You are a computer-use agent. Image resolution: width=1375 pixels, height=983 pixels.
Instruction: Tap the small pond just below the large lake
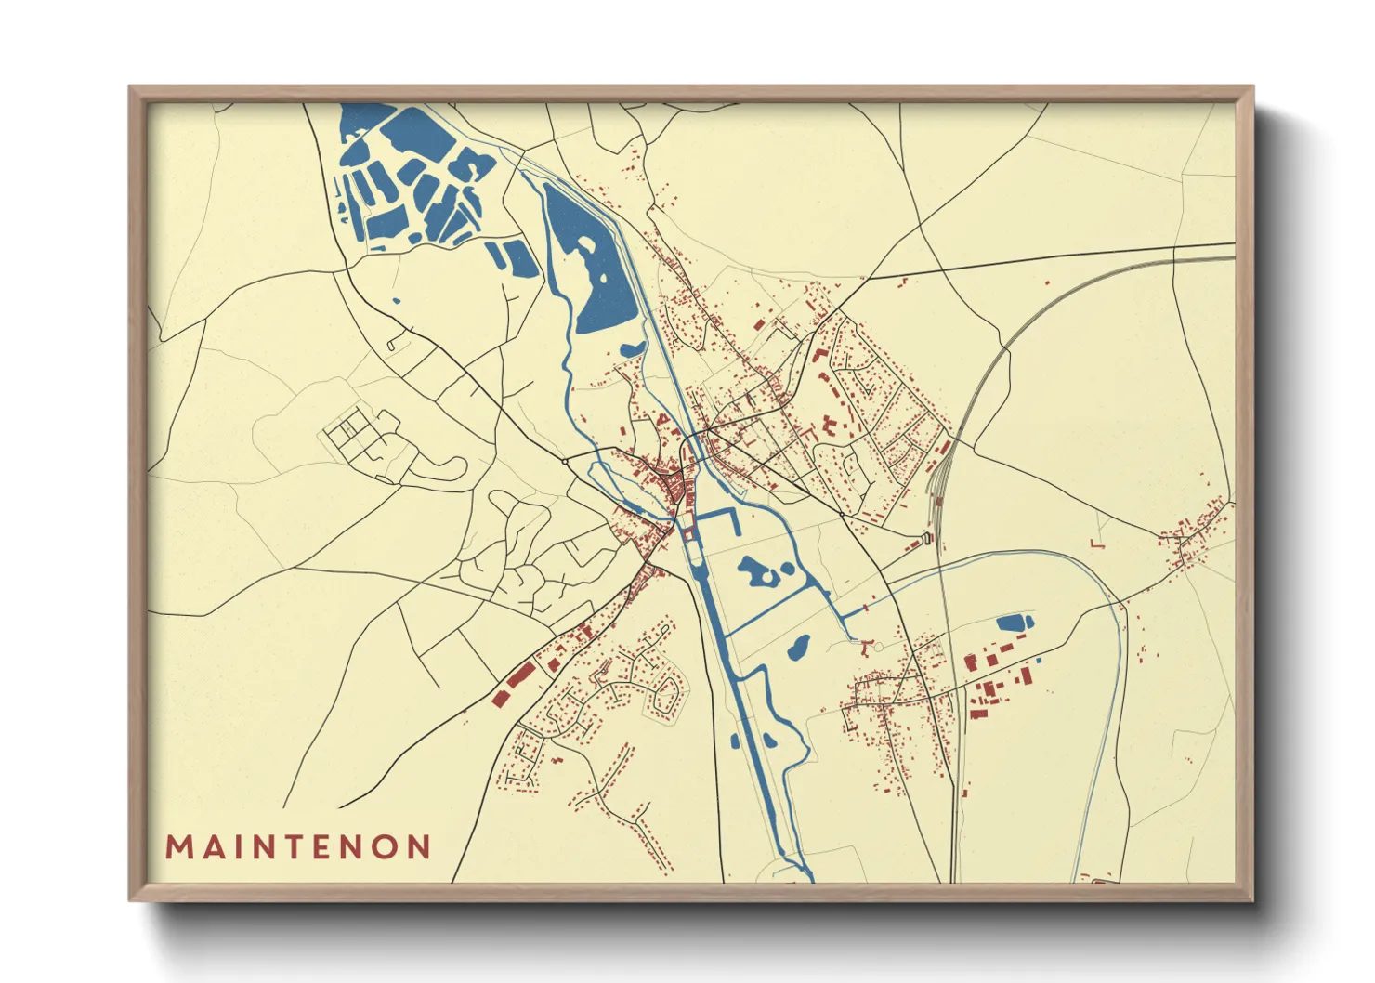click(x=633, y=349)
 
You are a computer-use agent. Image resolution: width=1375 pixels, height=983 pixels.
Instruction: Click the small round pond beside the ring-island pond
click(x=788, y=568)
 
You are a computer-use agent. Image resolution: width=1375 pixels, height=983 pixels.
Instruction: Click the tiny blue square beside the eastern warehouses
click(x=1039, y=660)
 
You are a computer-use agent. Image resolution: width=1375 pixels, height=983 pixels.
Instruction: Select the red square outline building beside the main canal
click(x=688, y=534)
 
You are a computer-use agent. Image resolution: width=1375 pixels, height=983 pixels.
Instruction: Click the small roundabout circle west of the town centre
click(x=565, y=461)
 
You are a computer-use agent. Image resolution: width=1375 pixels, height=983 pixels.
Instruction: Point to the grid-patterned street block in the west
click(x=351, y=431)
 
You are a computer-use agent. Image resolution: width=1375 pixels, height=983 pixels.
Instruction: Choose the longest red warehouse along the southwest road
click(x=520, y=675)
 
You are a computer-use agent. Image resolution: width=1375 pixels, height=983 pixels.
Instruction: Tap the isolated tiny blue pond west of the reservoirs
click(x=397, y=300)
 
